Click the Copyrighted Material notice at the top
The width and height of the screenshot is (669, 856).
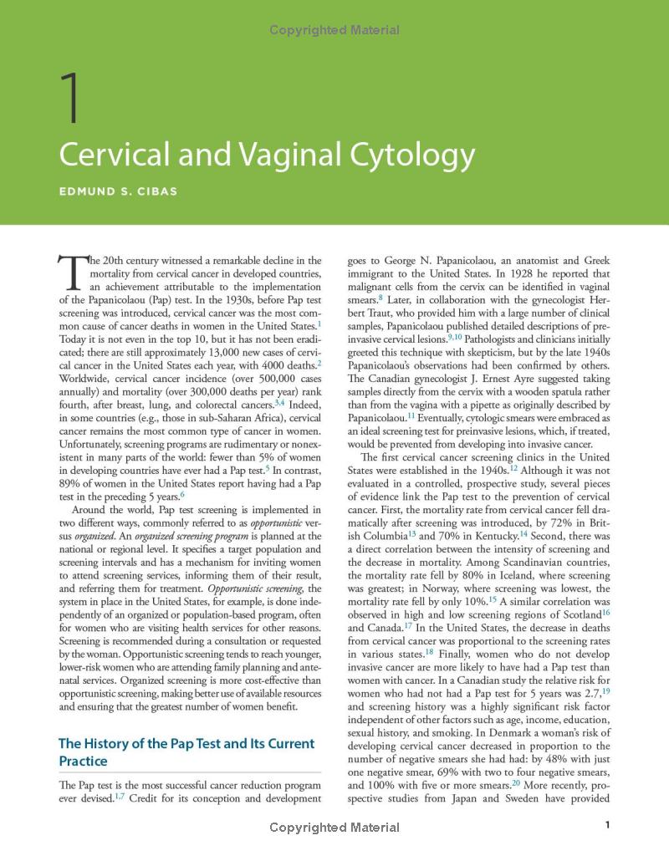point(334,31)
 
